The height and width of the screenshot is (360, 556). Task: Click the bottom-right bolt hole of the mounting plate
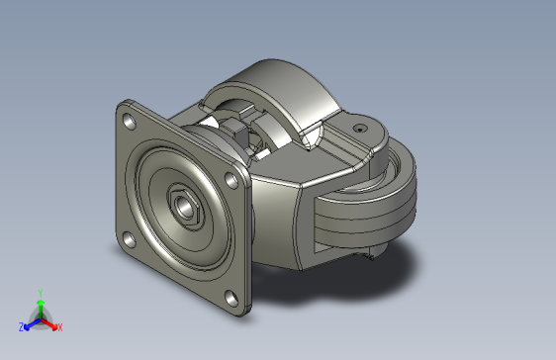230,298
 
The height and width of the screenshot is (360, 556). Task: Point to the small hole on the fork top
360,128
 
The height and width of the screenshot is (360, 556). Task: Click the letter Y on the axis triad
40,292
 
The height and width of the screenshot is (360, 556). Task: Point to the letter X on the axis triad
59,326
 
